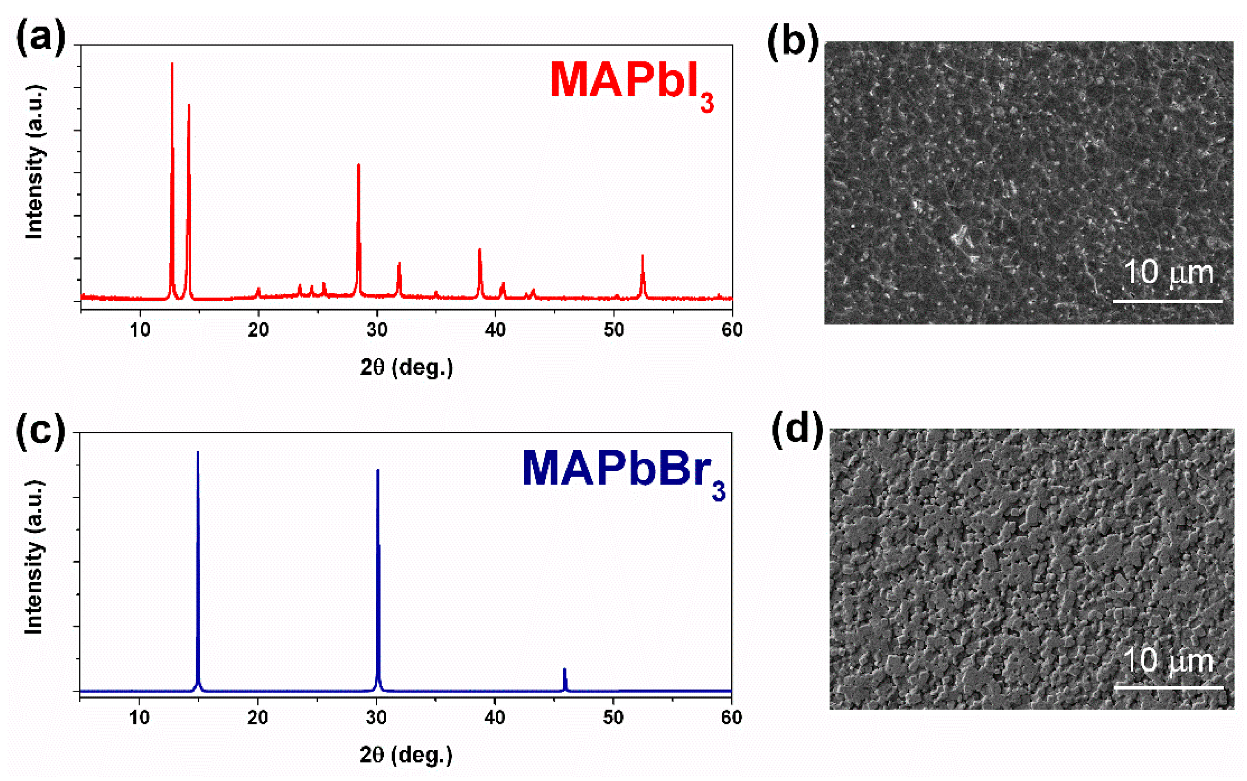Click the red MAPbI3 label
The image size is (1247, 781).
pos(631,82)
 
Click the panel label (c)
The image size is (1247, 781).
pos(41,430)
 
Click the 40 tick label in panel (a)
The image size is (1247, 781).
pos(495,330)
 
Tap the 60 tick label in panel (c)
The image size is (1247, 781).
pos(731,718)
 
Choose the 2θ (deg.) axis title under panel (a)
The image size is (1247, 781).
pos(406,368)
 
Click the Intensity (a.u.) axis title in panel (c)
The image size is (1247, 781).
pos(34,558)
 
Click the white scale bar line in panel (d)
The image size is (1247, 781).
pos(1169,688)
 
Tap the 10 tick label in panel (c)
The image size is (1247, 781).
pos(139,718)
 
